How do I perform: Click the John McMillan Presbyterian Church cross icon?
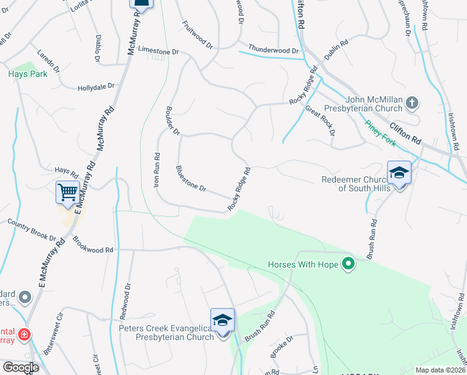411,102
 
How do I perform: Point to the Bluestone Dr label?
191,179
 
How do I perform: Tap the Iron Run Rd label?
157,171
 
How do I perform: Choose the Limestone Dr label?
158,50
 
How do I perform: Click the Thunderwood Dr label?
273,50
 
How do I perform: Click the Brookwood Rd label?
92,244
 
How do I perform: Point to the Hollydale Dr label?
96,87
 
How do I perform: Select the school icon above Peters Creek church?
222,320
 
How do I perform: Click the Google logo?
21,367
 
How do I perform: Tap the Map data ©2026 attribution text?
440,370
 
